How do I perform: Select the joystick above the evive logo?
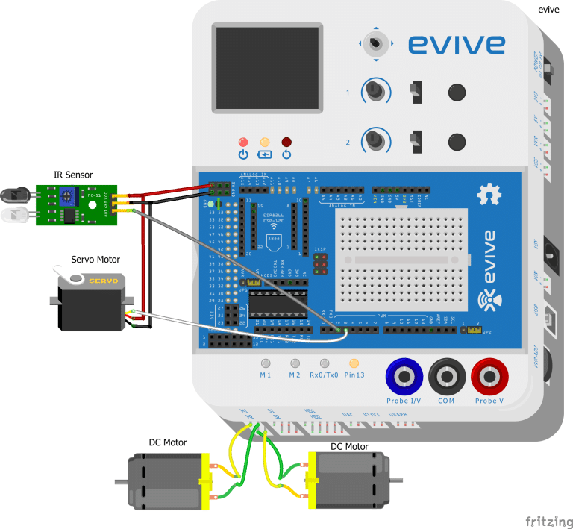click(378, 43)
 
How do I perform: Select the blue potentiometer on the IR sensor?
click(67, 196)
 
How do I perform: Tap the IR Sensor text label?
click(73, 175)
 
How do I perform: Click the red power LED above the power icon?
click(242, 142)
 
